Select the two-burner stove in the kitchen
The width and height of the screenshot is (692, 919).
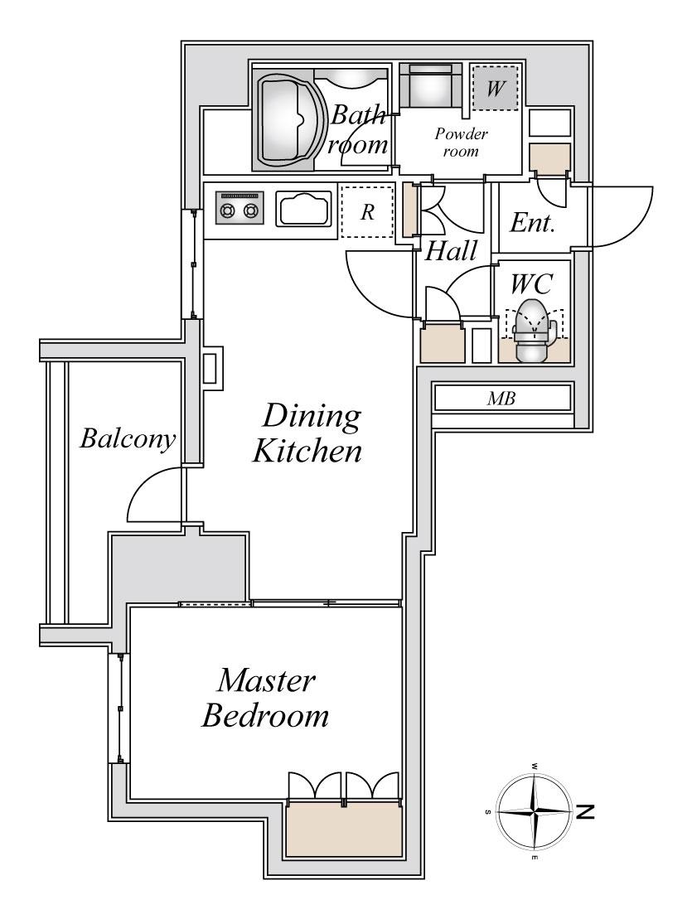[239, 207]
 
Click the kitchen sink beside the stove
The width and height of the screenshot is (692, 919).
[303, 209]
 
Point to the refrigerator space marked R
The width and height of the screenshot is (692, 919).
[367, 211]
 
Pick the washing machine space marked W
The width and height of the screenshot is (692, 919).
[496, 88]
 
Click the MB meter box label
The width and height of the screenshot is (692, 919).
[501, 399]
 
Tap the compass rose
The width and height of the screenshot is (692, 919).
[534, 812]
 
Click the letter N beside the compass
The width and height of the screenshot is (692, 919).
[585, 812]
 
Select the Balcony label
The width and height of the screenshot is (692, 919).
[128, 439]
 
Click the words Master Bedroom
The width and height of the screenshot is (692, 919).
[265, 698]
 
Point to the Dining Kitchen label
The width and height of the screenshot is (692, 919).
[307, 433]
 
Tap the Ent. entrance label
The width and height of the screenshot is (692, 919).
[532, 223]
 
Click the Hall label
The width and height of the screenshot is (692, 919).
[451, 251]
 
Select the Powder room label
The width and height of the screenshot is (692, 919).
[461, 143]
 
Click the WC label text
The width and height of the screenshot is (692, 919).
[531, 283]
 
